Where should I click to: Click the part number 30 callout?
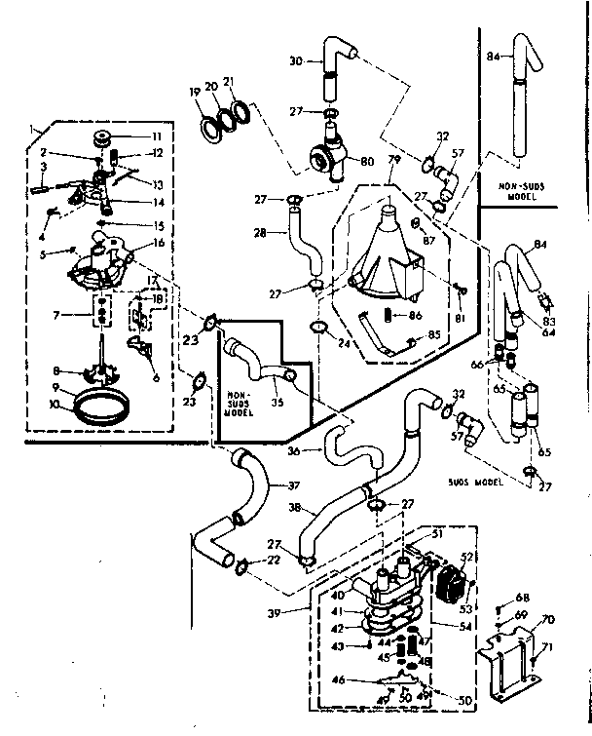coord(296,60)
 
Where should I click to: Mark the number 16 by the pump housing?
coord(158,243)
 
